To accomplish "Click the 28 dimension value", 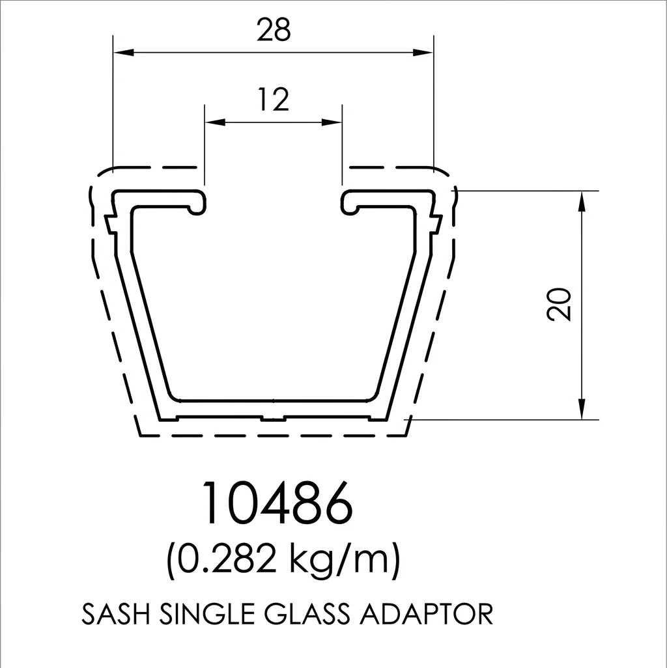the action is pyautogui.click(x=274, y=30).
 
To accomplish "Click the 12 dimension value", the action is pyautogui.click(x=274, y=100).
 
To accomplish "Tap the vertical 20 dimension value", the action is pyautogui.click(x=559, y=304).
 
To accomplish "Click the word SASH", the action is pyautogui.click(x=115, y=615).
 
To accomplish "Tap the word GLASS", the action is pyautogui.click(x=307, y=615).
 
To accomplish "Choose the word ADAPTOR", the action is pyautogui.click(x=427, y=615).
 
